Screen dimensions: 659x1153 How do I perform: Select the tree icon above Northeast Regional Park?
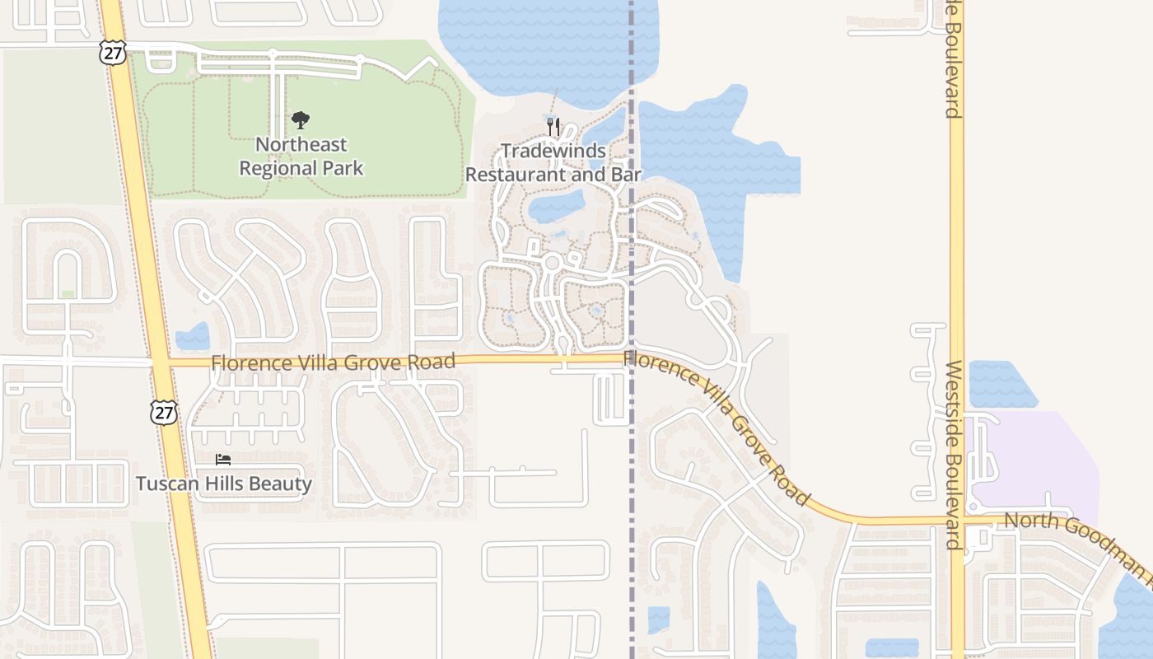click(301, 120)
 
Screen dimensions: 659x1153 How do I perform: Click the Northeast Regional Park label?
click(301, 157)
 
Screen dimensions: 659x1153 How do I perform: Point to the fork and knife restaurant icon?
click(553, 126)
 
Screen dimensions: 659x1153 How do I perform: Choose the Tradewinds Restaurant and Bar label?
click(553, 163)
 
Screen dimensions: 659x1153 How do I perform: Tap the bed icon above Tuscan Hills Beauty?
click(223, 460)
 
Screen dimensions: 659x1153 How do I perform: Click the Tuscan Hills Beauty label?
click(223, 484)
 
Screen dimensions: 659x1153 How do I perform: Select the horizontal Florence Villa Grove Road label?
click(333, 362)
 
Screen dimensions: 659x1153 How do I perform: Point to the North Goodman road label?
click(1071, 540)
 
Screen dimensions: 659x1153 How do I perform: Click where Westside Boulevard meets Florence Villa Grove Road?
click(957, 521)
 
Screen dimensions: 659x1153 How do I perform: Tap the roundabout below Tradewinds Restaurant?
click(552, 263)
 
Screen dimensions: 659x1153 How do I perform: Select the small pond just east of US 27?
click(194, 336)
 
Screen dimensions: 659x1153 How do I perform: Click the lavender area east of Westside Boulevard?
click(1046, 461)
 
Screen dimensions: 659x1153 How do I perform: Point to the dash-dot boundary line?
click(633, 494)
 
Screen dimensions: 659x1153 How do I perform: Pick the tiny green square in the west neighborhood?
click(68, 294)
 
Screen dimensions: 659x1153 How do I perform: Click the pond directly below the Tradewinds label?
click(556, 206)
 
